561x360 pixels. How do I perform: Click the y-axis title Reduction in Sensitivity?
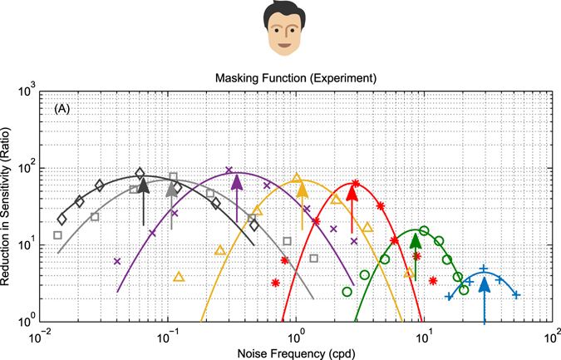11,205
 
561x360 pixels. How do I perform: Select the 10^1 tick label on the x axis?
424,336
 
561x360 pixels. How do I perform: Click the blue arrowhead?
484,284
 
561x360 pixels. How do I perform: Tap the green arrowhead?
416,241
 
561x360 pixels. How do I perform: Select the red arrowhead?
352,192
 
